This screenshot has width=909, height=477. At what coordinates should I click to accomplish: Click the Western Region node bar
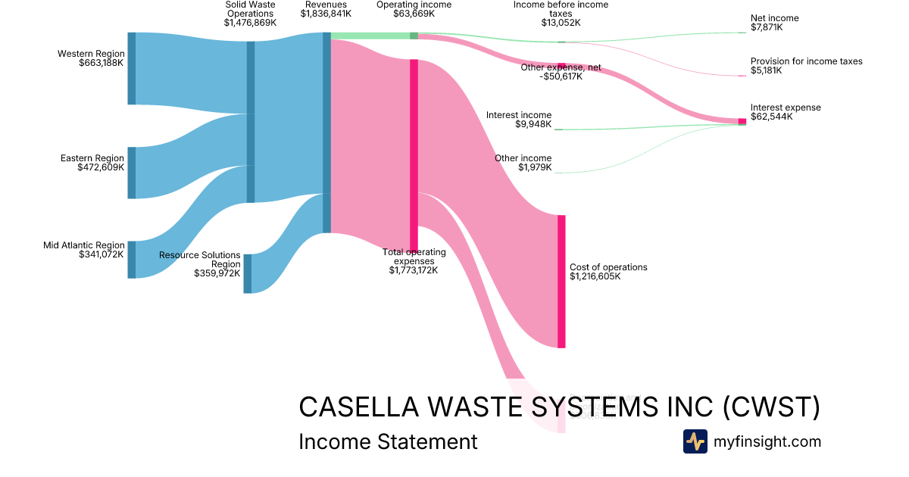pos(132,68)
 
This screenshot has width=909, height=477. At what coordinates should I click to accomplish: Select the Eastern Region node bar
pos(132,173)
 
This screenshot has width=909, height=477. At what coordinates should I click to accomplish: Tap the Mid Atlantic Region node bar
pos(132,260)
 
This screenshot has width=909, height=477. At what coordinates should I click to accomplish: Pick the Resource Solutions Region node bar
pos(248,273)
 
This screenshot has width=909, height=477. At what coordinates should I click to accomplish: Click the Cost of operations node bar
pos(561,282)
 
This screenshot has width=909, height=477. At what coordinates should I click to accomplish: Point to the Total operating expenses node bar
pos(414,154)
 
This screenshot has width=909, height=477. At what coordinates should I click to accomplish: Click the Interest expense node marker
pos(742,121)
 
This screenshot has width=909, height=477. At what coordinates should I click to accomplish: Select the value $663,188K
pos(101,63)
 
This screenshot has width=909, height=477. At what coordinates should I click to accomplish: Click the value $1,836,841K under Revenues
pos(326,14)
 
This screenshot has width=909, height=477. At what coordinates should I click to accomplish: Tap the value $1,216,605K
pos(595,276)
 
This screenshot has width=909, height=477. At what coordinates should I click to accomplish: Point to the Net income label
pos(774,18)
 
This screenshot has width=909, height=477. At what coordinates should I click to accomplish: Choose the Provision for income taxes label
pos(806,61)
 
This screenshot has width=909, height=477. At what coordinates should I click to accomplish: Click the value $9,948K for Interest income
pos(533,124)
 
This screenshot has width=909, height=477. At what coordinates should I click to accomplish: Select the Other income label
pos(523,158)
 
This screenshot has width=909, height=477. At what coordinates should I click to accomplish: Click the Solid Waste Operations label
pos(250,9)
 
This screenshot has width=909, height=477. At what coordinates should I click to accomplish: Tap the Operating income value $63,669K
pos(414,14)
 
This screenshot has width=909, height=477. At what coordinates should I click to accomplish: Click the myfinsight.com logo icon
pos(695,441)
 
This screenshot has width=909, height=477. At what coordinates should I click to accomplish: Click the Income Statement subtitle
pos(388,441)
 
